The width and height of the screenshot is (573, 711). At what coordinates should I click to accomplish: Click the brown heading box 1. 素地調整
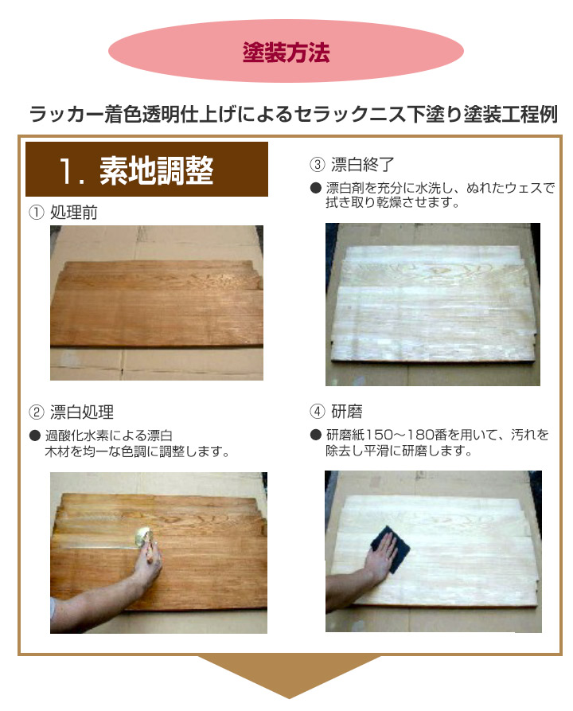146,169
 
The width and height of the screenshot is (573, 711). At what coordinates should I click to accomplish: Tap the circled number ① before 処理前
36,213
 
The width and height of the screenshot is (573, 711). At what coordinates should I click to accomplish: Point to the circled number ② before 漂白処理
36,412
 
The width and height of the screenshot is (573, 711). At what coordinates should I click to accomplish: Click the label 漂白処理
82,412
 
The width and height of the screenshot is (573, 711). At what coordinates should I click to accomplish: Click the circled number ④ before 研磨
317,412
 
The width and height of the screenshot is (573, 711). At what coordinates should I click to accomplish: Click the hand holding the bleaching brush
148,561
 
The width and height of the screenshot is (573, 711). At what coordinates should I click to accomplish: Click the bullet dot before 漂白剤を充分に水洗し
314,189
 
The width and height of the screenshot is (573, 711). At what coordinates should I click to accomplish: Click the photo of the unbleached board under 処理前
157,303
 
